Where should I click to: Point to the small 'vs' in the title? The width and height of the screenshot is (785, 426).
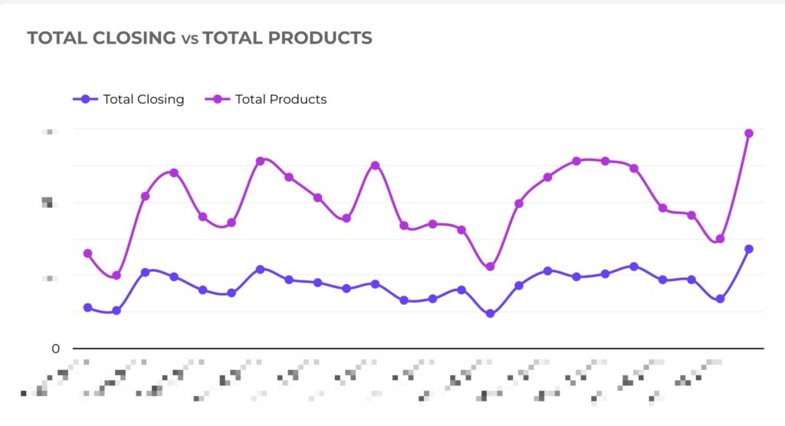[189, 38]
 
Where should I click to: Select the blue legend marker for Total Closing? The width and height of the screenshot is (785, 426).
[85, 99]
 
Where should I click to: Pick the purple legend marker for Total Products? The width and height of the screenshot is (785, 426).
[218, 99]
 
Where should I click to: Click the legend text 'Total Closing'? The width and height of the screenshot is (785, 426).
[143, 99]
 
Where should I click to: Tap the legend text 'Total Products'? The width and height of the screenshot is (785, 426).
[281, 99]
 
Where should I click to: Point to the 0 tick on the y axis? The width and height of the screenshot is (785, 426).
[55, 349]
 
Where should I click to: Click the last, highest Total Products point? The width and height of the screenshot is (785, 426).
[749, 133]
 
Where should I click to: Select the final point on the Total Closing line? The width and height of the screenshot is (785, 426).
[749, 249]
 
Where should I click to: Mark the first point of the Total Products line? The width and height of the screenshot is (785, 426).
[87, 254]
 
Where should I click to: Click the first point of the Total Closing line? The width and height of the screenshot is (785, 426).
[87, 307]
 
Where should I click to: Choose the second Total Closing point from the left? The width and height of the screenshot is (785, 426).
[117, 311]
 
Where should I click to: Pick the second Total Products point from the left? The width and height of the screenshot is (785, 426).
[117, 276]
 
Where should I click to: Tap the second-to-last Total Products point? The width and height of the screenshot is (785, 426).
[720, 239]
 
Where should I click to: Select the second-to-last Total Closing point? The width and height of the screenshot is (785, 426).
[720, 300]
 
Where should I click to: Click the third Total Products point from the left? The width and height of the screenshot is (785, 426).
[145, 196]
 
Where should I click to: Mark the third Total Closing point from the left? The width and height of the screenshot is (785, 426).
[145, 272]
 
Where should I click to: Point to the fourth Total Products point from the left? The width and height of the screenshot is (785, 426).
[174, 172]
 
